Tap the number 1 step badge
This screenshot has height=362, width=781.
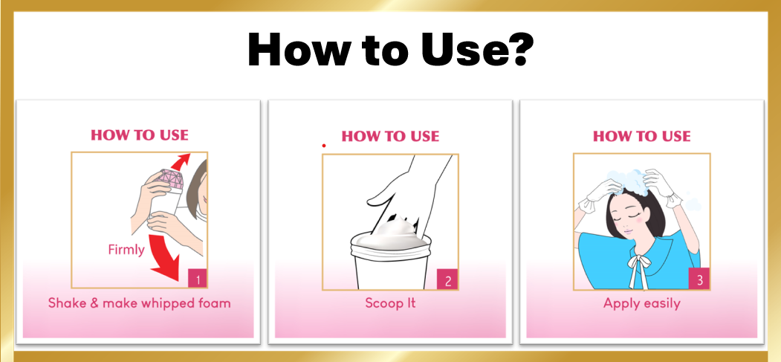pyautogui.click(x=198, y=279)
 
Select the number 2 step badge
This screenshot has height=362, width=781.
pyautogui.click(x=447, y=281)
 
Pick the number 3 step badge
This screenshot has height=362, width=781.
pyautogui.click(x=699, y=279)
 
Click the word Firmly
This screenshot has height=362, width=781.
pyautogui.click(x=126, y=249)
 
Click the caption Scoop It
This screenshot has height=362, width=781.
pyautogui.click(x=390, y=303)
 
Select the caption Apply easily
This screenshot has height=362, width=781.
pyautogui.click(x=641, y=303)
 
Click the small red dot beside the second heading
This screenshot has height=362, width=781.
pyautogui.click(x=324, y=146)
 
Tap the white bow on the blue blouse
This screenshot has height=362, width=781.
pyautogui.click(x=638, y=269)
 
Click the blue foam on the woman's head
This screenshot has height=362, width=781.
pyautogui.click(x=628, y=182)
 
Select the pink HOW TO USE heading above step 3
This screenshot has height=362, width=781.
pyautogui.click(x=641, y=136)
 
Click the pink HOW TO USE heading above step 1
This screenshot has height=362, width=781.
pyautogui.click(x=140, y=135)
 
